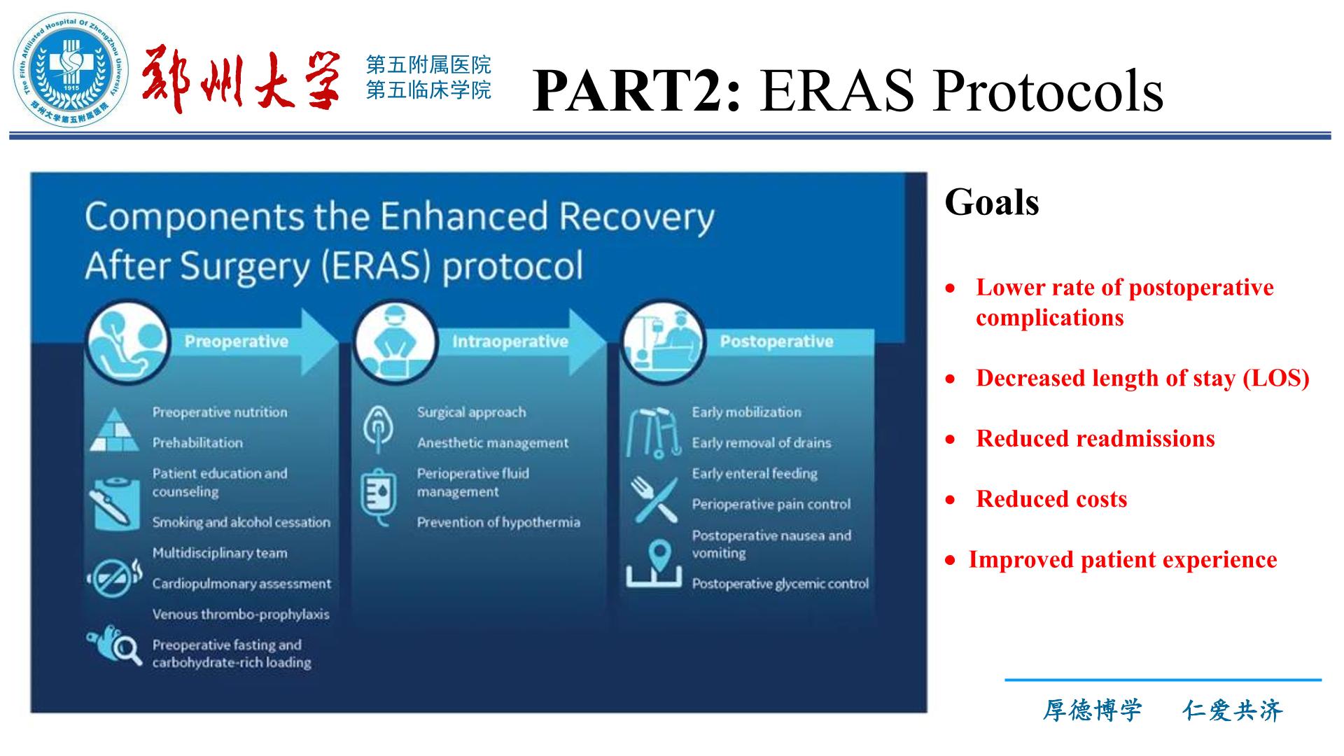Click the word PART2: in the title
click(636, 90)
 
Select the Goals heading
click(991, 203)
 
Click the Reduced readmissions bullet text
click(1095, 438)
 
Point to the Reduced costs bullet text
click(1051, 499)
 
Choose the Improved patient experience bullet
click(1123, 560)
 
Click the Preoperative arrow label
click(236, 342)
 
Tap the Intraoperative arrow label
click(510, 342)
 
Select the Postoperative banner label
click(776, 342)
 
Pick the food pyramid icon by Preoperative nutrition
click(115, 429)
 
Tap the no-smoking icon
click(113, 578)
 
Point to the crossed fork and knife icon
click(654, 500)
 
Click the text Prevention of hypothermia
click(498, 522)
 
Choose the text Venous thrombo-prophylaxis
click(241, 615)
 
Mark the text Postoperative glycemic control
click(780, 584)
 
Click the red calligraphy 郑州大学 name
click(241, 81)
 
